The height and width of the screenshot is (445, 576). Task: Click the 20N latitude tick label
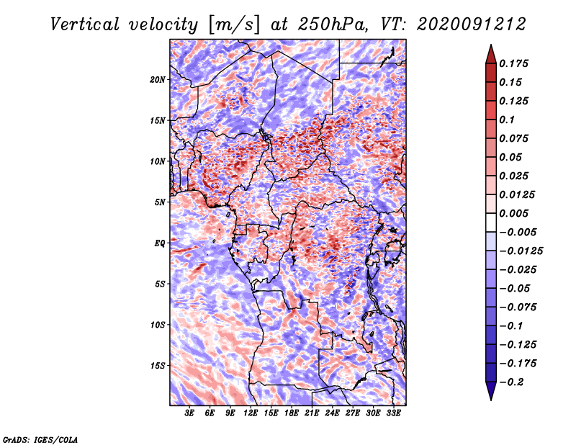pyautogui.click(x=158, y=79)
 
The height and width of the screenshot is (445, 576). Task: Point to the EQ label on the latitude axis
pyautogui.click(x=161, y=243)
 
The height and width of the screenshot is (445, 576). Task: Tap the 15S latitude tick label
pyautogui.click(x=158, y=366)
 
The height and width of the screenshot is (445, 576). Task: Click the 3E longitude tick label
pyautogui.click(x=189, y=414)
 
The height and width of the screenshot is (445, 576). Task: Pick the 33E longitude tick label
pyautogui.click(x=394, y=414)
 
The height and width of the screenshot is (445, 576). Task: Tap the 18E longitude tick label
pyautogui.click(x=292, y=414)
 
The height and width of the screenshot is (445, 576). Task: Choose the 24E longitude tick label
pyautogui.click(x=333, y=414)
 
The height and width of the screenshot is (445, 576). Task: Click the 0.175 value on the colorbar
pyautogui.click(x=516, y=63)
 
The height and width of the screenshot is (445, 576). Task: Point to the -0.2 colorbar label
pyautogui.click(x=514, y=381)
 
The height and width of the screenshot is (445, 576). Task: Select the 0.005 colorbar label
pyautogui.click(x=516, y=214)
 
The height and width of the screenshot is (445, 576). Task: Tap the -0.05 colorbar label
pyautogui.click(x=514, y=289)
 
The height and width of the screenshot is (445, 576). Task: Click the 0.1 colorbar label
pyautogui.click(x=508, y=120)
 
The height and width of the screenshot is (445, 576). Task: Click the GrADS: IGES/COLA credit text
pyautogui.click(x=40, y=439)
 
